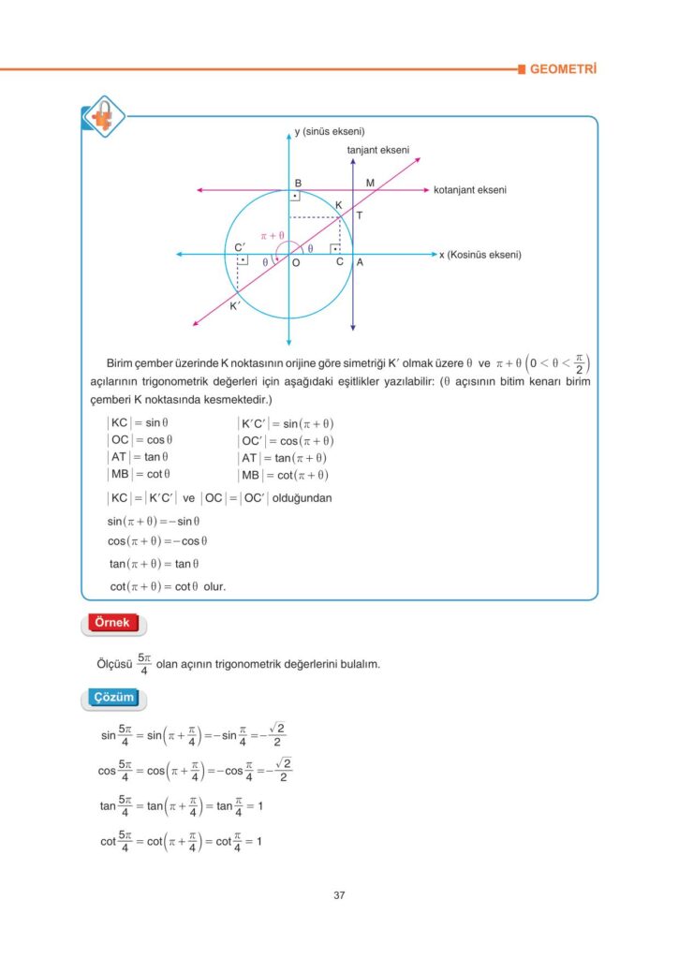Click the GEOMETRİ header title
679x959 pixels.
point(563,69)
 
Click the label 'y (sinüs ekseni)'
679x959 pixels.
point(329,132)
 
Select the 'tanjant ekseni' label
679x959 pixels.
point(377,150)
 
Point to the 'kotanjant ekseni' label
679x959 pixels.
point(469,190)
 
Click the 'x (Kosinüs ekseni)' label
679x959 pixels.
point(480,255)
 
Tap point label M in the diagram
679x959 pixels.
point(370,183)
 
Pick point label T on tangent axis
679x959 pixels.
point(360,215)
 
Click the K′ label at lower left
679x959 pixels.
point(235,305)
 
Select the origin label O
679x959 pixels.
point(295,265)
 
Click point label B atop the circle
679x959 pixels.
point(298,183)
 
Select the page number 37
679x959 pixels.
point(339,895)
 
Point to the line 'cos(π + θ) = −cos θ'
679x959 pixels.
point(157,541)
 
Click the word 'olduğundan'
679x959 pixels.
point(303,498)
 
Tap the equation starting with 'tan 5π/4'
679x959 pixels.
point(181,805)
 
